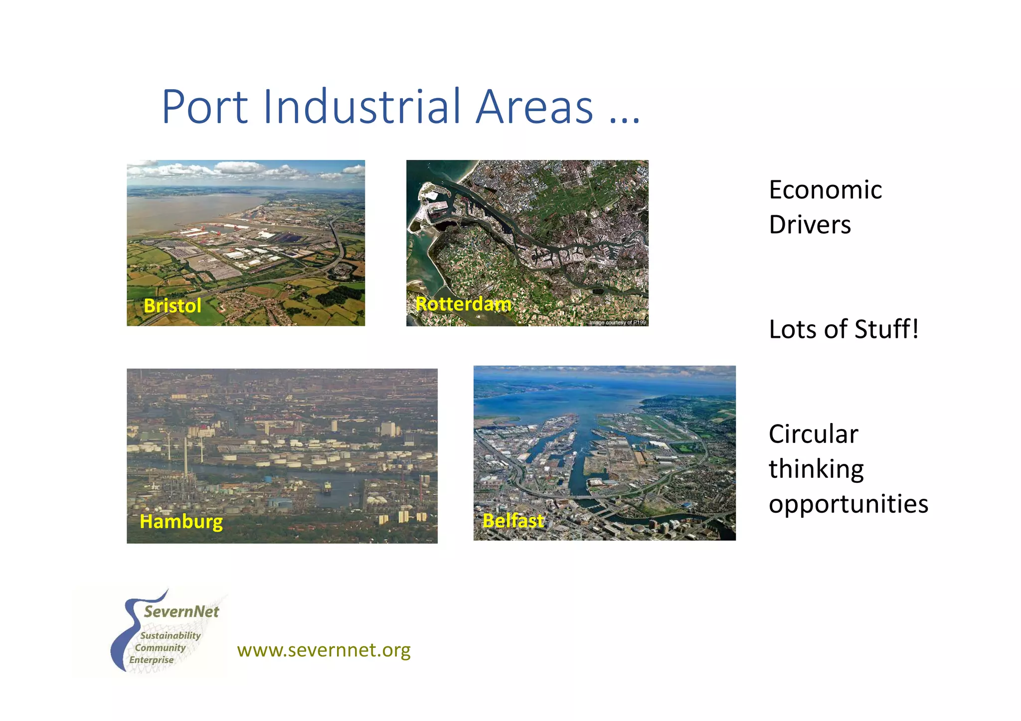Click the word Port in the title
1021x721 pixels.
pyautogui.click(x=205, y=107)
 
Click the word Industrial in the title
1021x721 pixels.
pyautogui.click(x=362, y=107)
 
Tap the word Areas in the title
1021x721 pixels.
pyautogui.click(x=534, y=107)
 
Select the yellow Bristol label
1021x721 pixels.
pyautogui.click(x=172, y=305)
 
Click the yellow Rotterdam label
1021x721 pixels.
pyautogui.click(x=463, y=303)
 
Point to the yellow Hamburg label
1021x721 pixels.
pyautogui.click(x=181, y=522)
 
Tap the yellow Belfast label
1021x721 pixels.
pyautogui.click(x=513, y=520)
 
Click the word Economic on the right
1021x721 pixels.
pyautogui.click(x=825, y=190)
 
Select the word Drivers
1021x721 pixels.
pyautogui.click(x=810, y=225)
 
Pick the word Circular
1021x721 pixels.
pyautogui.click(x=813, y=434)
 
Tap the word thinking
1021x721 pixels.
pyautogui.click(x=816, y=469)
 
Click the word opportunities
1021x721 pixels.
pyautogui.click(x=848, y=504)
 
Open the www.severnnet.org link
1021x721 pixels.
pyautogui.click(x=324, y=650)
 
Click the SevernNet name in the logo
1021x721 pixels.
pyautogui.click(x=181, y=612)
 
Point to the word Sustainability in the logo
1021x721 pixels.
pyautogui.click(x=170, y=635)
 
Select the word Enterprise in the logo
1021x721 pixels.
pyautogui.click(x=152, y=660)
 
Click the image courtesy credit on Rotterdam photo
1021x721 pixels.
pyautogui.click(x=617, y=322)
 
